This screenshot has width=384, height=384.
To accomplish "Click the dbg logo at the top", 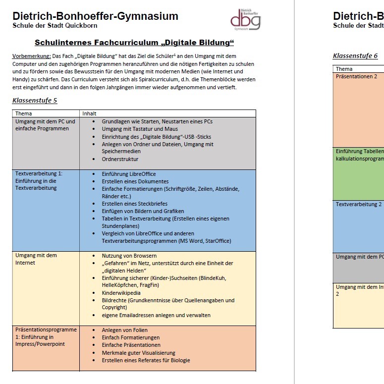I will click(245, 19).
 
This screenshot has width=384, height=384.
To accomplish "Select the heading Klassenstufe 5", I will click(35, 101).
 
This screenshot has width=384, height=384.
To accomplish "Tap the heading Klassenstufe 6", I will click(355, 56).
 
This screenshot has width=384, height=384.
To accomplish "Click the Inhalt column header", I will click(89, 113).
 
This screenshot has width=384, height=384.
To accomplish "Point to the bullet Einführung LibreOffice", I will click(129, 174).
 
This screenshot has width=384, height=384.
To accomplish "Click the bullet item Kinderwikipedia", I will click(121, 293).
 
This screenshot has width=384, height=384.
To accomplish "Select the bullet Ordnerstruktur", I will click(120, 159).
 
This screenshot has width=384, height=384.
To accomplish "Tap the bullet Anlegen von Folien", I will click(125, 330).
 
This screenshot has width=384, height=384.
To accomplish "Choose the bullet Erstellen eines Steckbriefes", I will click(135, 204).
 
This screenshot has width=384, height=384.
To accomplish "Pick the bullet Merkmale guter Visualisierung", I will click(138, 352).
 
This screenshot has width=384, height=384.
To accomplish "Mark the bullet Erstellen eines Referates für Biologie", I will click(146, 360).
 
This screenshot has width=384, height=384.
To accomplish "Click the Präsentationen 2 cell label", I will click(356, 76).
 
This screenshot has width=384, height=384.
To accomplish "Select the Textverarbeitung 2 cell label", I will click(359, 204).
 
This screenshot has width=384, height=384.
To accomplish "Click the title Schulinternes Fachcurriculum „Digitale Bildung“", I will click(134, 43).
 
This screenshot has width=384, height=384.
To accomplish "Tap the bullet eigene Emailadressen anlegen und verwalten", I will click(156, 315).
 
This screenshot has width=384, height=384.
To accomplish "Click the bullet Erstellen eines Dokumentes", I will click(135, 181).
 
